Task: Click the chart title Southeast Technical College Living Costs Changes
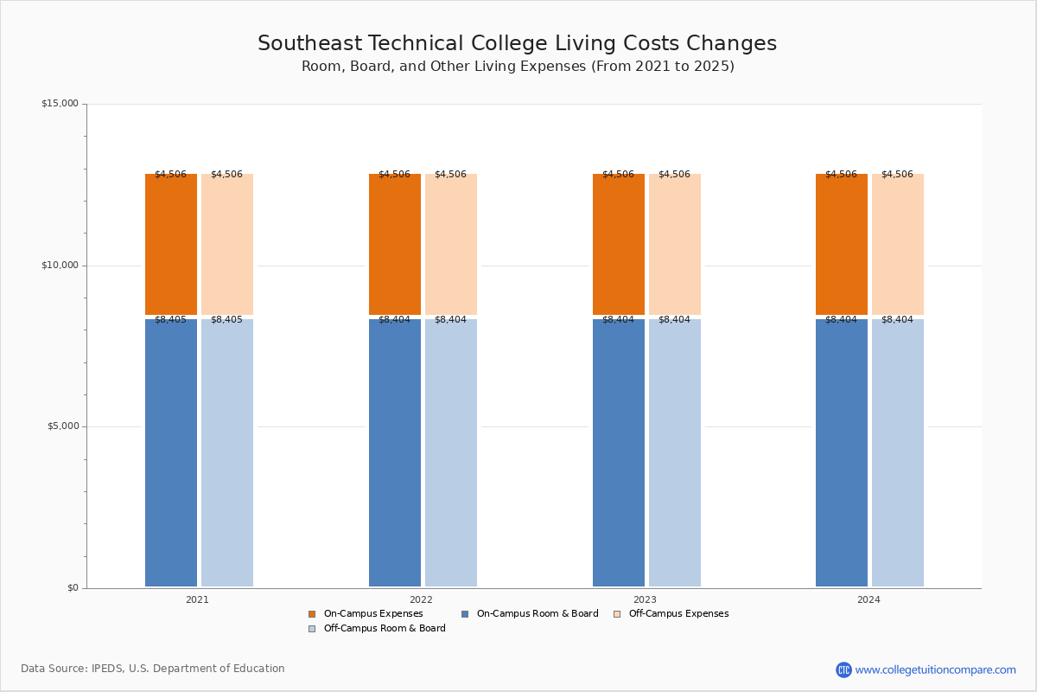click(517, 44)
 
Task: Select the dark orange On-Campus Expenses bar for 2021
click(171, 244)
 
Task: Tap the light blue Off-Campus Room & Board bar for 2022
click(451, 452)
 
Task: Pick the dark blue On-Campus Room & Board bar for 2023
click(619, 452)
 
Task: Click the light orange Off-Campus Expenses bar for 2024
click(898, 244)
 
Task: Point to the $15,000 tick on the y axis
click(60, 104)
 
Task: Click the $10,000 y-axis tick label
click(60, 266)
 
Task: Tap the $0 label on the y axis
click(73, 588)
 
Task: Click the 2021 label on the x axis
click(197, 599)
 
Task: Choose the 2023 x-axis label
click(645, 599)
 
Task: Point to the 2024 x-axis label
click(868, 599)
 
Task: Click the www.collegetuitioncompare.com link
click(935, 670)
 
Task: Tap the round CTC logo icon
click(843, 670)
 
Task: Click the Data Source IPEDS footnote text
click(153, 669)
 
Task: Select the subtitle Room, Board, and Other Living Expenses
click(517, 67)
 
